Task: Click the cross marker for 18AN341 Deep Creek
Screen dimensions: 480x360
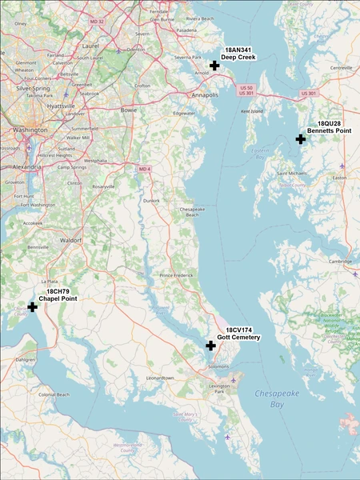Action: point(214,66)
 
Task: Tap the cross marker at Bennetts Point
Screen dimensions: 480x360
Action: point(301,138)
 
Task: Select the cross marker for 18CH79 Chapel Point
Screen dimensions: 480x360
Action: point(33,306)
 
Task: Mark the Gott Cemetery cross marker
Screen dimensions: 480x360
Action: point(210,346)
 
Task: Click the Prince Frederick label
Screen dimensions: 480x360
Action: point(177,275)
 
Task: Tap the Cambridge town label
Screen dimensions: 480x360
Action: point(341,262)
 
